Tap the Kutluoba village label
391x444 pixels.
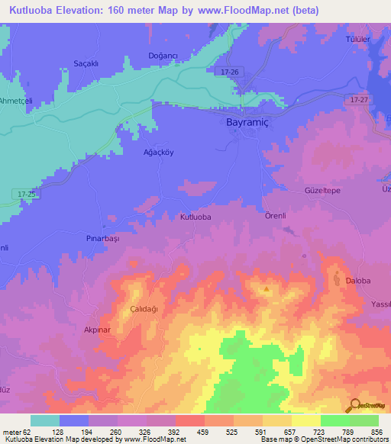(x=195, y=217)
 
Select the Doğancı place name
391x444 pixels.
(x=162, y=56)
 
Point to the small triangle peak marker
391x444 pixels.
(x=266, y=289)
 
